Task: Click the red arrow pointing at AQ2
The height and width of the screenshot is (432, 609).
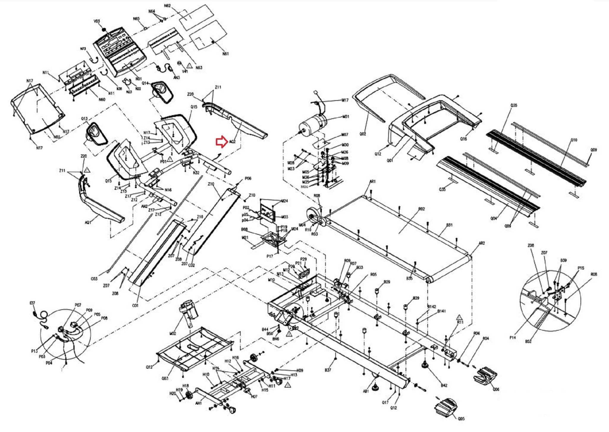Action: click(x=221, y=142)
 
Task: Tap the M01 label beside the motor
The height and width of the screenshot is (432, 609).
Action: click(x=346, y=117)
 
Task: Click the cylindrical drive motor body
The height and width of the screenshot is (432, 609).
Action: click(x=312, y=124)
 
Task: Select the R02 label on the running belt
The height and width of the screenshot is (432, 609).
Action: click(x=421, y=209)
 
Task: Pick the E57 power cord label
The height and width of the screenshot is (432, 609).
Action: click(x=32, y=303)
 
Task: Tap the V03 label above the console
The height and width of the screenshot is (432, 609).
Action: click(x=97, y=21)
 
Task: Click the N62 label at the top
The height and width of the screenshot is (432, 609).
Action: click(x=167, y=6)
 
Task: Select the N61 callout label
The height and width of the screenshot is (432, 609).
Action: click(x=225, y=54)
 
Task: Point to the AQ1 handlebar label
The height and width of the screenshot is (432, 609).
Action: click(x=88, y=222)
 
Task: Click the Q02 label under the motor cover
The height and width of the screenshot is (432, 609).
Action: click(x=363, y=134)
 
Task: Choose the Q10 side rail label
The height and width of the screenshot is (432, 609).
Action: click(x=574, y=140)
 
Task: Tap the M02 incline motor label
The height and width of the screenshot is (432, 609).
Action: click(x=172, y=334)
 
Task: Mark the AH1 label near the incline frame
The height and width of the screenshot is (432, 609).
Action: click(x=198, y=403)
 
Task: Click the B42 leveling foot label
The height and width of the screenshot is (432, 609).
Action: click(x=444, y=385)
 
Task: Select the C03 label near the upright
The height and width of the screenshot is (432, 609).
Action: click(x=94, y=279)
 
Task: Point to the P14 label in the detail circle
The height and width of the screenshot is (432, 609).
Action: click(x=512, y=337)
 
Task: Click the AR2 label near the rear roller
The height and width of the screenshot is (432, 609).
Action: click(x=481, y=243)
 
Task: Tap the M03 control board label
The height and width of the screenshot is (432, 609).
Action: click(x=284, y=217)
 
